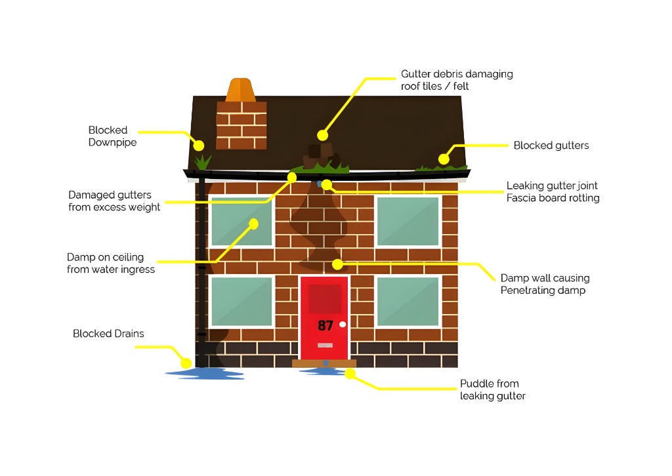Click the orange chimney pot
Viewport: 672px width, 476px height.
click(240, 90)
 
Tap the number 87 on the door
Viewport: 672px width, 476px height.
click(325, 326)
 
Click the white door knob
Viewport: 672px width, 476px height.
click(343, 325)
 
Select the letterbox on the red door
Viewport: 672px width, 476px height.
click(325, 345)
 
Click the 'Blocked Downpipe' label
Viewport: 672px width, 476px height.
click(112, 136)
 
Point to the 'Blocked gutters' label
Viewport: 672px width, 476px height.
click(551, 146)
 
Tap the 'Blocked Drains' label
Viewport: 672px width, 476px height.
click(108, 334)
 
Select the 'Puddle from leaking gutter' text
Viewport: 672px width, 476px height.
click(492, 389)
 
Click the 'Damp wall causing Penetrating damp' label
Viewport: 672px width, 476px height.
click(545, 285)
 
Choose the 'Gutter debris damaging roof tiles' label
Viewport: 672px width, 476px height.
click(457, 80)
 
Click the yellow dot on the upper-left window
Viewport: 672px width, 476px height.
click(254, 224)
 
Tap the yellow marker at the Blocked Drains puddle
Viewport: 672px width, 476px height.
click(186, 363)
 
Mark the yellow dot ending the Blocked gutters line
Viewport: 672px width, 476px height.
click(444, 159)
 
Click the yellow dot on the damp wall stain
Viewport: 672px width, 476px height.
click(338, 264)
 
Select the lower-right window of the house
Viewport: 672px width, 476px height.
click(408, 302)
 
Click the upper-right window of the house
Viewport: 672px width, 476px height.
click(408, 222)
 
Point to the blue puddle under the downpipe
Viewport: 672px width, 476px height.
click(205, 374)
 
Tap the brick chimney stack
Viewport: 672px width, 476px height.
click(241, 125)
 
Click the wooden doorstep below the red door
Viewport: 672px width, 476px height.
click(324, 363)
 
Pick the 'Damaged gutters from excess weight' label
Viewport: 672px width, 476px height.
click(114, 201)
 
